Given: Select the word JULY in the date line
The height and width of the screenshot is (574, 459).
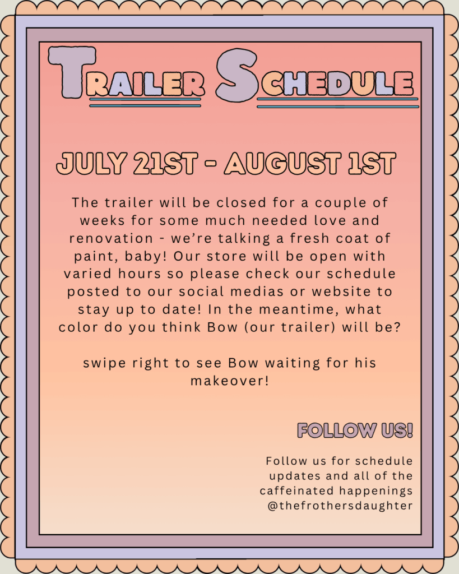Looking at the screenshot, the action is coord(91,163).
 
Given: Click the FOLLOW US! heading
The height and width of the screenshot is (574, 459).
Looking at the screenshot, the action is coord(355,430).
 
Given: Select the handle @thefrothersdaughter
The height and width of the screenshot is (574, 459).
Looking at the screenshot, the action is coord(340,506).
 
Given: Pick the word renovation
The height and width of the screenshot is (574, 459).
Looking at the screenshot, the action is coord(112,238).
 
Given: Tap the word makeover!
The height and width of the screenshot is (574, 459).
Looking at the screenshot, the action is coord(230,381).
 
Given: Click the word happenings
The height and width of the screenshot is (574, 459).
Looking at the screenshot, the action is coord(376,491).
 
